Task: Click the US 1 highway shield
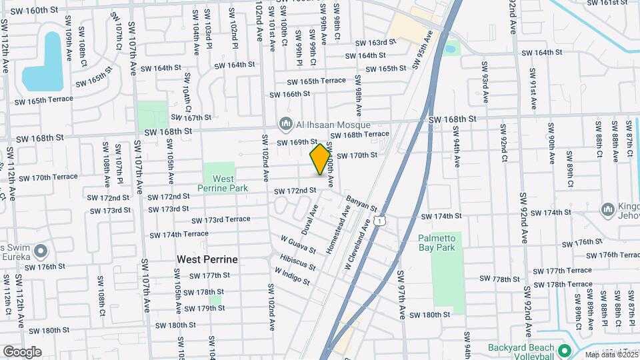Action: (379, 220)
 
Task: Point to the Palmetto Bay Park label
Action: (445, 243)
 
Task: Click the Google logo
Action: (22, 352)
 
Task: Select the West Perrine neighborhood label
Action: (207, 258)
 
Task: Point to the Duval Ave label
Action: (309, 219)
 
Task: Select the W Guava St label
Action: (298, 244)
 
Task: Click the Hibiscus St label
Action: (297, 261)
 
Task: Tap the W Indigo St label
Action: (292, 277)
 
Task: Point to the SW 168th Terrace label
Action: (359, 134)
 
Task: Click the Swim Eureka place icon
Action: (41, 251)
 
